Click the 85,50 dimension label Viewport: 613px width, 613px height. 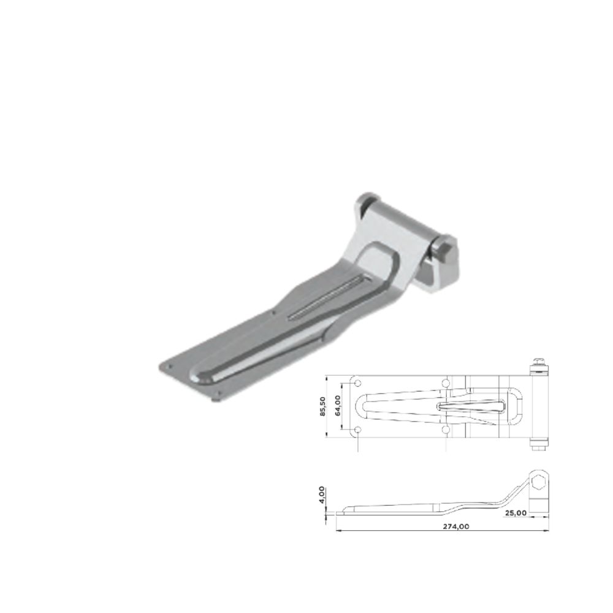point(322,406)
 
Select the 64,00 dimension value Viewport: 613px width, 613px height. point(338,405)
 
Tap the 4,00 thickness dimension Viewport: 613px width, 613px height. point(321,495)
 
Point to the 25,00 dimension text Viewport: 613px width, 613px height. point(516,512)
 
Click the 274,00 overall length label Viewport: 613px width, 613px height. point(456,526)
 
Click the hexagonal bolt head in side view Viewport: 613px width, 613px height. point(539,482)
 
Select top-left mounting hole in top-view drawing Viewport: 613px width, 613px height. point(358,383)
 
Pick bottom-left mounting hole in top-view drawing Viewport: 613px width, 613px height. point(358,430)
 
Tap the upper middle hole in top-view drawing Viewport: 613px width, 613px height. point(446,383)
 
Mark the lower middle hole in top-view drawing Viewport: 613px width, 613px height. point(446,430)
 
